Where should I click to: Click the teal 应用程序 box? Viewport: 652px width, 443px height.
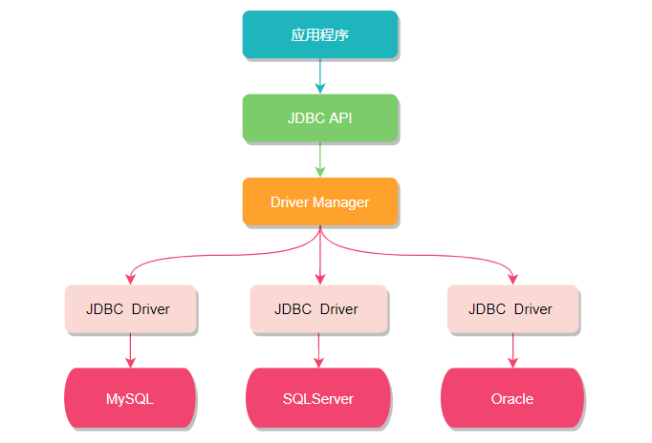click(319, 34)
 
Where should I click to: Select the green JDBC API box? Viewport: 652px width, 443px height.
click(319, 118)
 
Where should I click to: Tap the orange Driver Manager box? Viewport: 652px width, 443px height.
click(319, 201)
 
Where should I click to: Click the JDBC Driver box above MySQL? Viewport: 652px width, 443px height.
click(130, 308)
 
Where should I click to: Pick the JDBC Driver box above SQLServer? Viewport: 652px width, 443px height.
click(318, 308)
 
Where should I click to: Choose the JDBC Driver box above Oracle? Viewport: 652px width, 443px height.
click(512, 308)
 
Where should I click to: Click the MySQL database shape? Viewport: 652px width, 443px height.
click(130, 397)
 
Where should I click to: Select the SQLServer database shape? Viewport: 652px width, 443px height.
click(318, 397)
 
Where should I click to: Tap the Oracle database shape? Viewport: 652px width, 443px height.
click(512, 397)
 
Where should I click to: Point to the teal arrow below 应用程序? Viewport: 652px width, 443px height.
click(319, 75)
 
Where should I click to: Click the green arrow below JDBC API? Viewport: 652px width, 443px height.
click(319, 159)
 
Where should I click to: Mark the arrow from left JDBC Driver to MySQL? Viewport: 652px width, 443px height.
click(130, 349)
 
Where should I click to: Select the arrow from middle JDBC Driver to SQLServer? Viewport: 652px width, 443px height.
click(318, 349)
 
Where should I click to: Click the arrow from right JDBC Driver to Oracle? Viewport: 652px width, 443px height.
click(512, 349)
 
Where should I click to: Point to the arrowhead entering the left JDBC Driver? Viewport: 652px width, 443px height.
click(130, 279)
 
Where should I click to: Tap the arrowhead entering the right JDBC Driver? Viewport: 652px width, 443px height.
click(512, 279)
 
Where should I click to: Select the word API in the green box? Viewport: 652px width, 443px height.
click(340, 118)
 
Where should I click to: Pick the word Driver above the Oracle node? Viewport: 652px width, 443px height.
click(532, 308)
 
